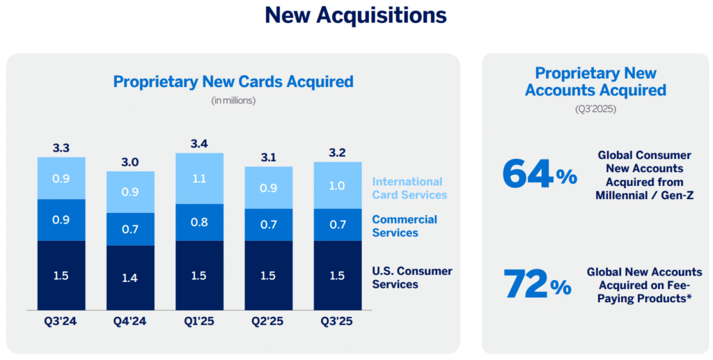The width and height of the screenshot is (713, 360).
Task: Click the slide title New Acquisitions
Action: coord(356,15)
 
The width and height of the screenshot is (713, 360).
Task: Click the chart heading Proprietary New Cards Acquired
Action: coord(233,81)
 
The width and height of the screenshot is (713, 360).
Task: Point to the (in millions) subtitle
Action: coord(233,101)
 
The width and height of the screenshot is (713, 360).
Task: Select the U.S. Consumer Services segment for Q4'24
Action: coord(130,277)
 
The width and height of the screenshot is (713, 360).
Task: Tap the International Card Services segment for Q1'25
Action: coord(199,178)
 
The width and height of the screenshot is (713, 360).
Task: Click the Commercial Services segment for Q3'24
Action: coord(61,220)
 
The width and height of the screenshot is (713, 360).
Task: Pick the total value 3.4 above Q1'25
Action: coord(199,144)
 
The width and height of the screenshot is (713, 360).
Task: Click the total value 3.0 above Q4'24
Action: coord(130,162)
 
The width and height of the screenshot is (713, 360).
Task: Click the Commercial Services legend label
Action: coord(405,226)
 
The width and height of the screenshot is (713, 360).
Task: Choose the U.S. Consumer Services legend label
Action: coord(412,277)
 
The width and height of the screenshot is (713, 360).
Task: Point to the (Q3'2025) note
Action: coord(595,109)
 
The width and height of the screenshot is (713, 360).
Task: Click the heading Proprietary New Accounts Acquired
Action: coord(595,81)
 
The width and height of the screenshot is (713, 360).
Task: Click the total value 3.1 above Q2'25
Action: coord(268,157)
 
